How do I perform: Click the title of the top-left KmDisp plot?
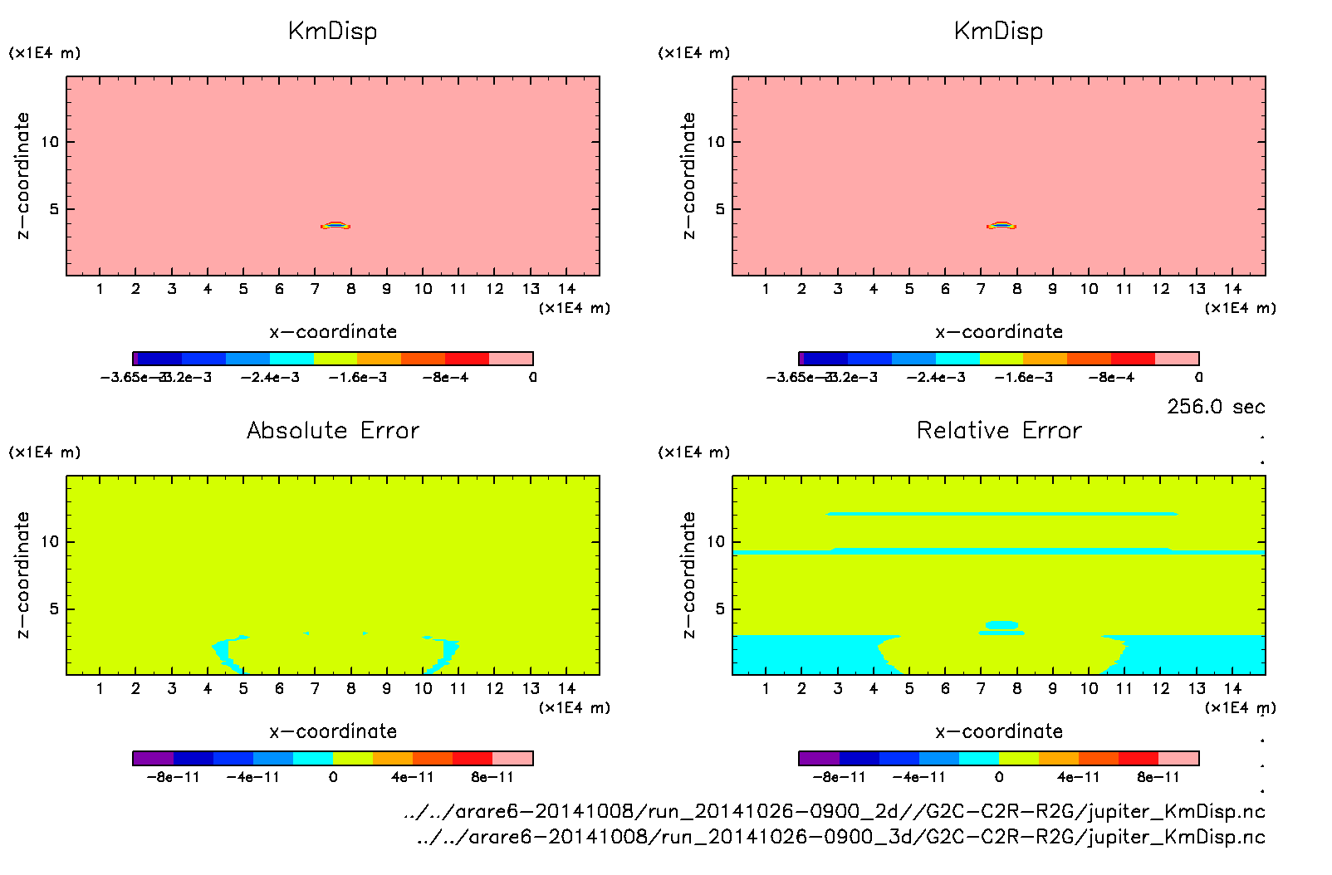[332, 32]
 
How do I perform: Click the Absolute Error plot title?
[332, 431]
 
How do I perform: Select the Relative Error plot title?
[998, 431]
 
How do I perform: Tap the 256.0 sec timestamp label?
[1215, 407]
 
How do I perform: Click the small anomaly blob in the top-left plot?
[335, 225]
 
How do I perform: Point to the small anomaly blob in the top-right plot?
[1001, 225]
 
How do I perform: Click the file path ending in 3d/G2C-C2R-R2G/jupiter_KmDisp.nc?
[840, 837]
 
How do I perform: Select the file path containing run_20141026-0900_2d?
[834, 812]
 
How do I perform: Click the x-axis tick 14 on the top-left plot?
[566, 289]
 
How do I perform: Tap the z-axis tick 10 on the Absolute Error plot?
[50, 542]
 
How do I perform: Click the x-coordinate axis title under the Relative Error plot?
[998, 731]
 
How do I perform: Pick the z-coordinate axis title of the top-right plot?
[688, 176]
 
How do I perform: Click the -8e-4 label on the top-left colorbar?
[445, 378]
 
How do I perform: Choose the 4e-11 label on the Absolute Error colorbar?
[413, 778]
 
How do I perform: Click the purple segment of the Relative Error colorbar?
[819, 758]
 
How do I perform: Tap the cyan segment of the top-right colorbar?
[957, 359]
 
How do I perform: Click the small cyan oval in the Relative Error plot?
[1001, 624]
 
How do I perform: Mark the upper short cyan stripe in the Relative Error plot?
[1001, 514]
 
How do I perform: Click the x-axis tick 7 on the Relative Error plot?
[981, 689]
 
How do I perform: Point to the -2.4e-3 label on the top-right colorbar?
[936, 378]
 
